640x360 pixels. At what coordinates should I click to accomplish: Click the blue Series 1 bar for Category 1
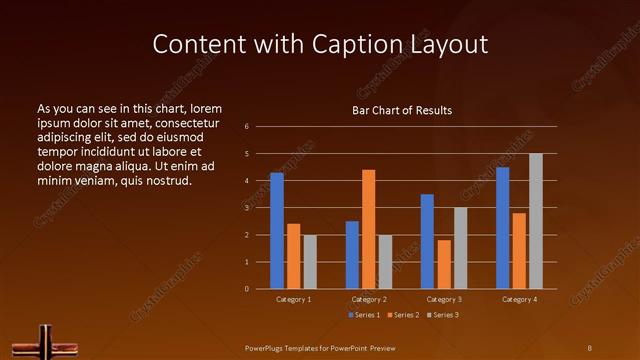277,231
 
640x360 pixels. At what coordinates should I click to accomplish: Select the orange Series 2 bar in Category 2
368,229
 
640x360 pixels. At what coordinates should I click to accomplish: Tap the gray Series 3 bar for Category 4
535,221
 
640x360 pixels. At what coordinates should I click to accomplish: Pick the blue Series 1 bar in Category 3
427,241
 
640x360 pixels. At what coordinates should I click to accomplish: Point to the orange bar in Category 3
443,264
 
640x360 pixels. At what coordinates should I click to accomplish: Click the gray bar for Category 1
310,262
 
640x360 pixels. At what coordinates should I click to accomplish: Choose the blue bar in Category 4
502,228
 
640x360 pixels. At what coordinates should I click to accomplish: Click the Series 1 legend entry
363,315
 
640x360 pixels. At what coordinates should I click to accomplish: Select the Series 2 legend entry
400,315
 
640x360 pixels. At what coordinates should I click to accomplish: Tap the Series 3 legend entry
442,315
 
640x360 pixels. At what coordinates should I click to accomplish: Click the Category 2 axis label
368,299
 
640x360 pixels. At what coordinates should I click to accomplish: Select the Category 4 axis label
519,299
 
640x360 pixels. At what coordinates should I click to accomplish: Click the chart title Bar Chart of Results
402,110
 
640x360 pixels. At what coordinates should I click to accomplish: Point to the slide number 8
589,347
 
